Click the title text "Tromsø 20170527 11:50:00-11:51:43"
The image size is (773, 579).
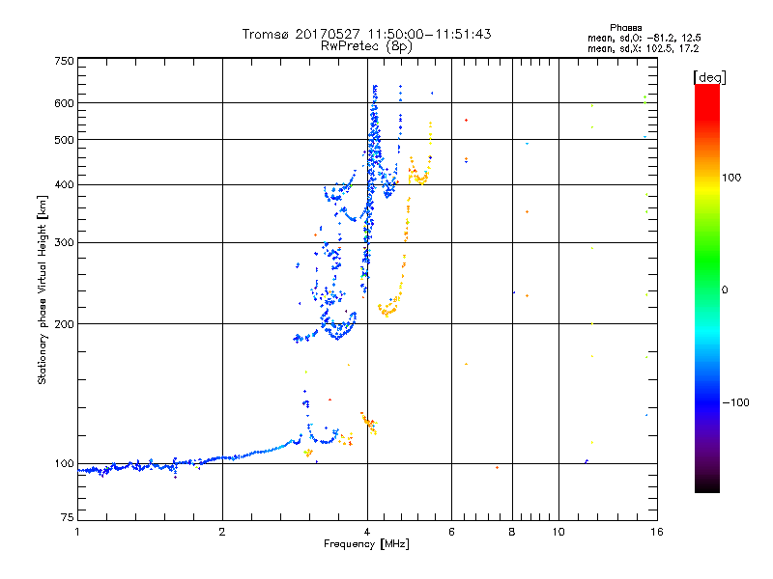point(366,34)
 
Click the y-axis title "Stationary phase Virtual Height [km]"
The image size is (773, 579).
point(43,289)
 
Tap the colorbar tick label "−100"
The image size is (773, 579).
point(737,402)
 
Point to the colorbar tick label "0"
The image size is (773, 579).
point(727,289)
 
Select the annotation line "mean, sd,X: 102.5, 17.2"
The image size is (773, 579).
point(643,47)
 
